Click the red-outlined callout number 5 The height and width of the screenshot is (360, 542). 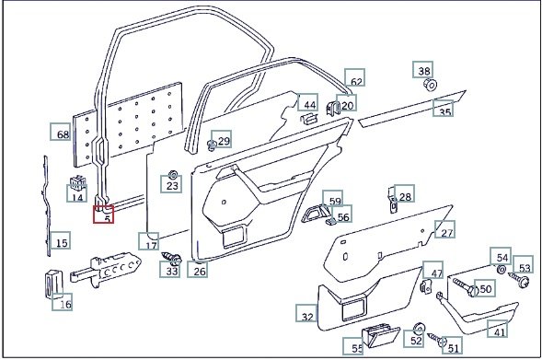point(103,214)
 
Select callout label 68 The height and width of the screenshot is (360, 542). point(61,132)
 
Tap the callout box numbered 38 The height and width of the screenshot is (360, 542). point(422,69)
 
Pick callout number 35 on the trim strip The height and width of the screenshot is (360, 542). point(444,109)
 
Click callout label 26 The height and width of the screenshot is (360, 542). point(198,269)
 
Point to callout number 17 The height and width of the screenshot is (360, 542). point(149,241)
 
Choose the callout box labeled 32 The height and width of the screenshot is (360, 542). point(306,313)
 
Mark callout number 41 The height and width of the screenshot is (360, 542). point(498,329)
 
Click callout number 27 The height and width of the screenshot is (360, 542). point(444,229)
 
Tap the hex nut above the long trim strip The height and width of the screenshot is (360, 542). point(431,85)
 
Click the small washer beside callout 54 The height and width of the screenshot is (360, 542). point(502,269)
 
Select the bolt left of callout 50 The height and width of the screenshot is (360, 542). point(465,285)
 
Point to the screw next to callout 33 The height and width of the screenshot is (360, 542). point(171,258)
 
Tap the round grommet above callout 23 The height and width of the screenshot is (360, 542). point(172,174)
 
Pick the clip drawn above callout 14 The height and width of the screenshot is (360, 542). point(77,182)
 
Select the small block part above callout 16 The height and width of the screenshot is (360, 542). point(53,284)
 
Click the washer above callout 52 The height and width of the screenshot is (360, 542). point(419,328)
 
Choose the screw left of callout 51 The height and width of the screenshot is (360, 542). point(437,339)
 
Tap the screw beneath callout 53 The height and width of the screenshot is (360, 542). point(518,279)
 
